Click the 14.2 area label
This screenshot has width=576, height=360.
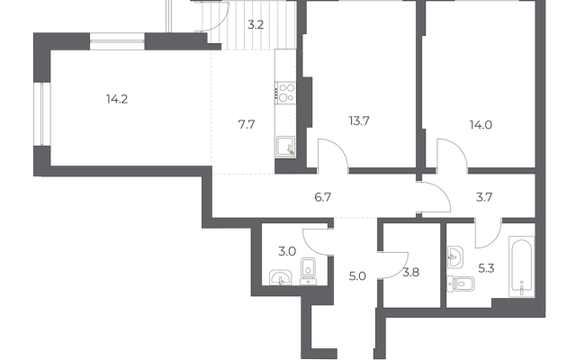(117, 99)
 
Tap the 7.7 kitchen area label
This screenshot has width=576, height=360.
(247, 125)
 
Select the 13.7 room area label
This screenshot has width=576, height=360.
(359, 121)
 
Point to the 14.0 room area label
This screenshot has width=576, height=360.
(481, 125)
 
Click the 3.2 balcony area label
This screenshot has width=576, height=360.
(256, 25)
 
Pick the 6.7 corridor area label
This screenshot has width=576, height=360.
(323, 198)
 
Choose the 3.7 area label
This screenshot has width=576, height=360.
(484, 198)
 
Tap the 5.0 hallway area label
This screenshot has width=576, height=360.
(357, 276)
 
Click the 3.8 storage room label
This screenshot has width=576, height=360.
(411, 273)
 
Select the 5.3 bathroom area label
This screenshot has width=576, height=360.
(486, 268)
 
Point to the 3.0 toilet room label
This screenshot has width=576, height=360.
(287, 252)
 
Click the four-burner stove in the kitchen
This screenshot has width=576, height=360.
(286, 93)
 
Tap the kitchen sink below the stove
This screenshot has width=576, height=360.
(286, 147)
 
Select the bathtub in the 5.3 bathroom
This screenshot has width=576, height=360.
(521, 266)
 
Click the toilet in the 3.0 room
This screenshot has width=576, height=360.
(308, 271)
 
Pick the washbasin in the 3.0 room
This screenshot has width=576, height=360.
(280, 277)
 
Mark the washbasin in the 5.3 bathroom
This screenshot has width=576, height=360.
(455, 256)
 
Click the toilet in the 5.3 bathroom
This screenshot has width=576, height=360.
(461, 284)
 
